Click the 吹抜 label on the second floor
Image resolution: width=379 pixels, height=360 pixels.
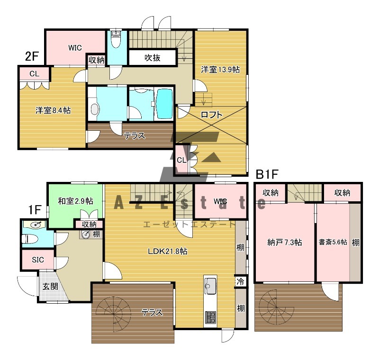152,57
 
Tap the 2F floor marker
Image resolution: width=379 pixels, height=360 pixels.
32,56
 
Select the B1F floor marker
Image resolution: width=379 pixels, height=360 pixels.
267,174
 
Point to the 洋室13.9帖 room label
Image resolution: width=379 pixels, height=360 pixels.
220,70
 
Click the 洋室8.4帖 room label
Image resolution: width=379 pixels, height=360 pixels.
53,110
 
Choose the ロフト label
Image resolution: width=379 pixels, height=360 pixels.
212,114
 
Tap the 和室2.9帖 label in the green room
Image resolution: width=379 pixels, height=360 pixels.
75,201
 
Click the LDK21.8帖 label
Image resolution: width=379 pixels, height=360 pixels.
168,251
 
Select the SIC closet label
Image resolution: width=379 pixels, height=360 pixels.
38,260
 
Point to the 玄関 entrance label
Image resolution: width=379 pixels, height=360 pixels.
50,287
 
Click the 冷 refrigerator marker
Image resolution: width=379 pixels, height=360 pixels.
240,282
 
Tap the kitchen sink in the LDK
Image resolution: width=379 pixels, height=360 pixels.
210,286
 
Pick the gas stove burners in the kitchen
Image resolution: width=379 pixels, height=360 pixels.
210,317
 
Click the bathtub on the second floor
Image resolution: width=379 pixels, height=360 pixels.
165,104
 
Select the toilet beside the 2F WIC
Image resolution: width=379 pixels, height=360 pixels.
116,39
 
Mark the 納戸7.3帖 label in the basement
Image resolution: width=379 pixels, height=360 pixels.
285,242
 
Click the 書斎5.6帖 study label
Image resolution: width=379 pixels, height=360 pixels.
333,242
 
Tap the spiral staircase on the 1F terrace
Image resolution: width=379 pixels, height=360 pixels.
114,313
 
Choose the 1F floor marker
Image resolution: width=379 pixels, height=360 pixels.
35,210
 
